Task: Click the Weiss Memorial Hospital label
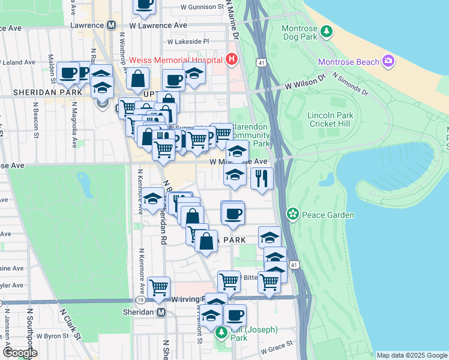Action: tap(174, 60)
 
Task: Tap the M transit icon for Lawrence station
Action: tap(111, 26)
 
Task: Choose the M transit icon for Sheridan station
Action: tap(160, 313)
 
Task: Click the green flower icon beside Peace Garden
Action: tap(292, 214)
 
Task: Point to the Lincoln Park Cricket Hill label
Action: tap(328, 119)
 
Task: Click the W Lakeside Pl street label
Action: tap(188, 42)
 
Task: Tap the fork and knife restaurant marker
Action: tap(262, 179)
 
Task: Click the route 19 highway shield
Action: tap(139, 299)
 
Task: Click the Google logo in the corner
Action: tap(20, 353)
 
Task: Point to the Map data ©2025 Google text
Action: tap(411, 355)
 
